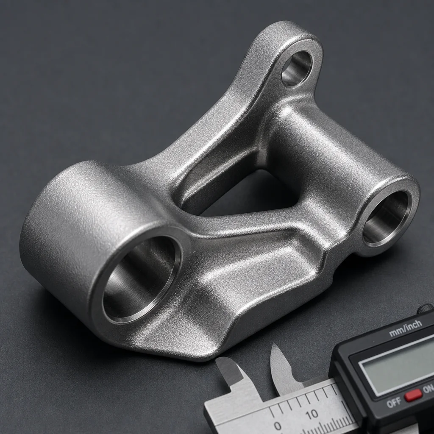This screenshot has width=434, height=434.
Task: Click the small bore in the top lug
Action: coord(296,69)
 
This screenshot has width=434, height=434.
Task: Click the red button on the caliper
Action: coord(413,396)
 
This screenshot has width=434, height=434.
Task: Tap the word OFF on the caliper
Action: coord(394,403)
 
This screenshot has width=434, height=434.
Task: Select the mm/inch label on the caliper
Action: coord(406,328)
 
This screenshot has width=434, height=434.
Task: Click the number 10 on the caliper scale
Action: coord(312,414)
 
